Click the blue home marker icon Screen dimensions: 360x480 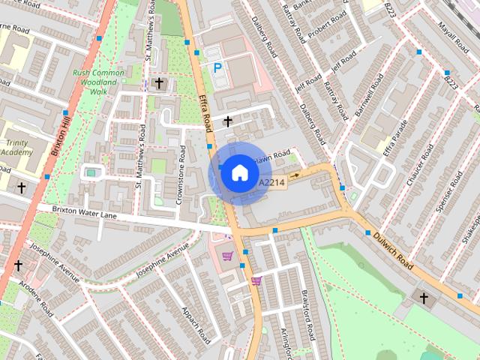coord(238,173)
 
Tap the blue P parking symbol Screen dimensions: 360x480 coord(217,67)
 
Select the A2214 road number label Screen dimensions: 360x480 coord(271,183)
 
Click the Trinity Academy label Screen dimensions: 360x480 coord(16,148)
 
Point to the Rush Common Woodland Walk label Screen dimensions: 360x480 coord(100,82)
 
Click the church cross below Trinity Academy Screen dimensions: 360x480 coord(22,187)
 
